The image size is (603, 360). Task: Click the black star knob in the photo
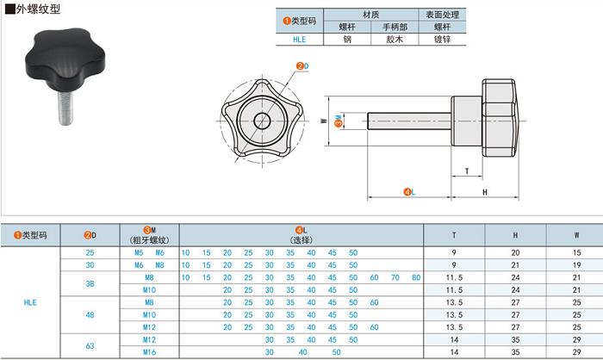pos(65,57)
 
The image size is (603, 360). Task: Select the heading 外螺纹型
pos(38,9)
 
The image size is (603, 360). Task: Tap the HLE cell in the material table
pos(300,40)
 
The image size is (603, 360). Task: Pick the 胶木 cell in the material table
pos(395,40)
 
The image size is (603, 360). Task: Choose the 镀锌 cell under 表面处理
pos(442,40)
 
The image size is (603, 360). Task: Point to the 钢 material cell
pos(347,40)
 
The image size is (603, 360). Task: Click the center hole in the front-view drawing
pos(262,121)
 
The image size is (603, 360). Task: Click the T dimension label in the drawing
pos(467,171)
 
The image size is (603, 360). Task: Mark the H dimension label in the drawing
pos(485,192)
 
